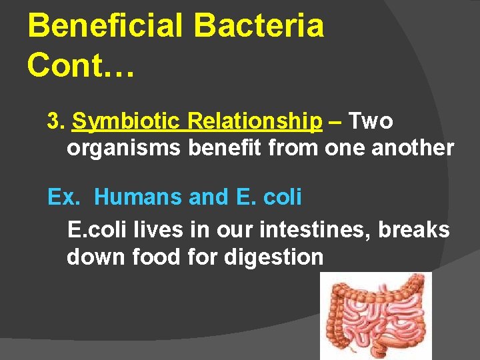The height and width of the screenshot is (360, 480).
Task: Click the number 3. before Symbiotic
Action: pos(56,121)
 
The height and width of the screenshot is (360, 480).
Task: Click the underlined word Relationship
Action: pos(255,121)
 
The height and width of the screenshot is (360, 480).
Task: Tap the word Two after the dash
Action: pos(371,121)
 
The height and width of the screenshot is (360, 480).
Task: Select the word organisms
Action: pos(124,148)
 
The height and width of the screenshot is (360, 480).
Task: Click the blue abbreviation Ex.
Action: pos(59,197)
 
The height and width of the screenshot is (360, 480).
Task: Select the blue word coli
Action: pos(283,197)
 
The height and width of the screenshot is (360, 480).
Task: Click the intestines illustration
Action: pos(377,317)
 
